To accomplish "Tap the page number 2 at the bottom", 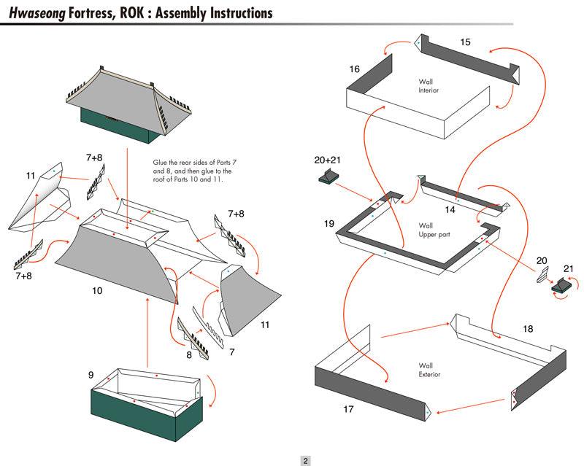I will click(x=306, y=460).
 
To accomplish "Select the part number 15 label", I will click(x=465, y=42).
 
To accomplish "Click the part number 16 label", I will click(x=354, y=69).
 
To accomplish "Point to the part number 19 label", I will click(x=329, y=223).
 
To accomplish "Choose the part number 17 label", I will click(x=348, y=409).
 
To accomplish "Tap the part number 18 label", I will click(x=528, y=329).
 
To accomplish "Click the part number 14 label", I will click(x=450, y=210).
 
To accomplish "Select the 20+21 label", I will click(x=328, y=160).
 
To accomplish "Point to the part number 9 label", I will click(x=91, y=376).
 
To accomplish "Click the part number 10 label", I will click(x=96, y=290).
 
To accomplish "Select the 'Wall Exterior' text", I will click(x=429, y=370).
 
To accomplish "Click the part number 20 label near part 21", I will click(x=541, y=261).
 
